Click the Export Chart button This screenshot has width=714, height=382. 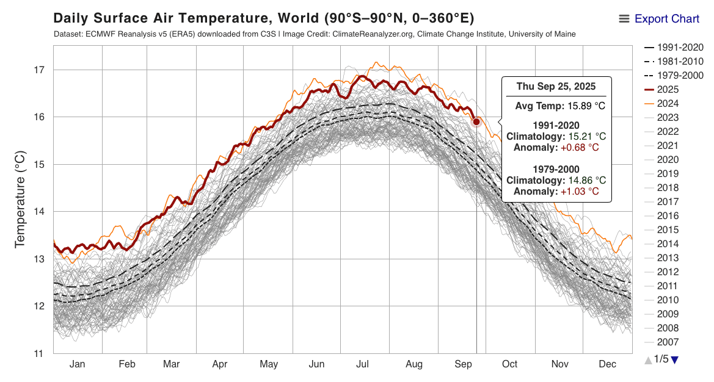click(659, 19)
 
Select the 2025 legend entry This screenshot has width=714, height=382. click(669, 90)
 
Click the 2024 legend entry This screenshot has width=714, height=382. click(669, 104)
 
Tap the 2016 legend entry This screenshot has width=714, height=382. click(669, 216)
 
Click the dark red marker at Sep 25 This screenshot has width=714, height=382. click(476, 121)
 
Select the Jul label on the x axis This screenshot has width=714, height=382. click(363, 364)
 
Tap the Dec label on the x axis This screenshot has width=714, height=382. click(607, 364)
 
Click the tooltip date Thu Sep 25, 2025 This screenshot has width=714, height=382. click(556, 87)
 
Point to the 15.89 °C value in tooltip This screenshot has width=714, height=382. click(585, 106)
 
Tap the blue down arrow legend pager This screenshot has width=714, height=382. click(674, 360)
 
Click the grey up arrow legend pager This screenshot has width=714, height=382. click(648, 360)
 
